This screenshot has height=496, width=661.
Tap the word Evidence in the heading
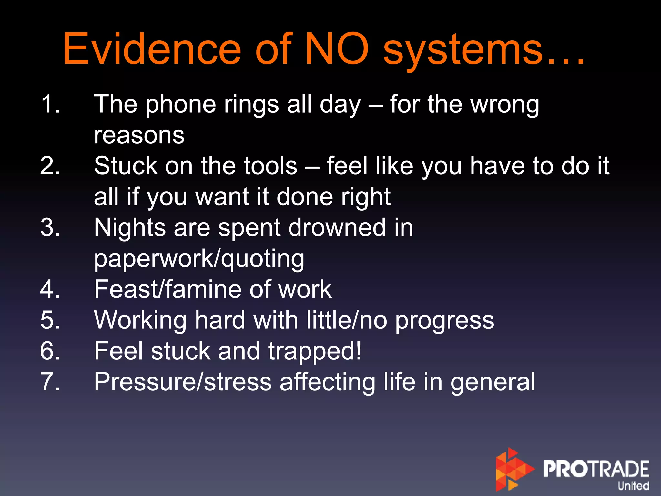click(x=152, y=49)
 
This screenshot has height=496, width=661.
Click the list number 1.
click(x=50, y=104)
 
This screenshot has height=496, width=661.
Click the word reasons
click(x=139, y=135)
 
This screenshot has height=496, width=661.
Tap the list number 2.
click(x=50, y=166)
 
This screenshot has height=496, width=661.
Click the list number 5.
click(x=50, y=320)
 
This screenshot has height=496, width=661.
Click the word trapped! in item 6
click(x=315, y=351)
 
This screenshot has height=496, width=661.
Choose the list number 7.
click(x=50, y=382)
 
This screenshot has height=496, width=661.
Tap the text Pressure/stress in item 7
click(x=183, y=382)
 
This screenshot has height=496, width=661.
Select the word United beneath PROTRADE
click(x=633, y=486)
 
